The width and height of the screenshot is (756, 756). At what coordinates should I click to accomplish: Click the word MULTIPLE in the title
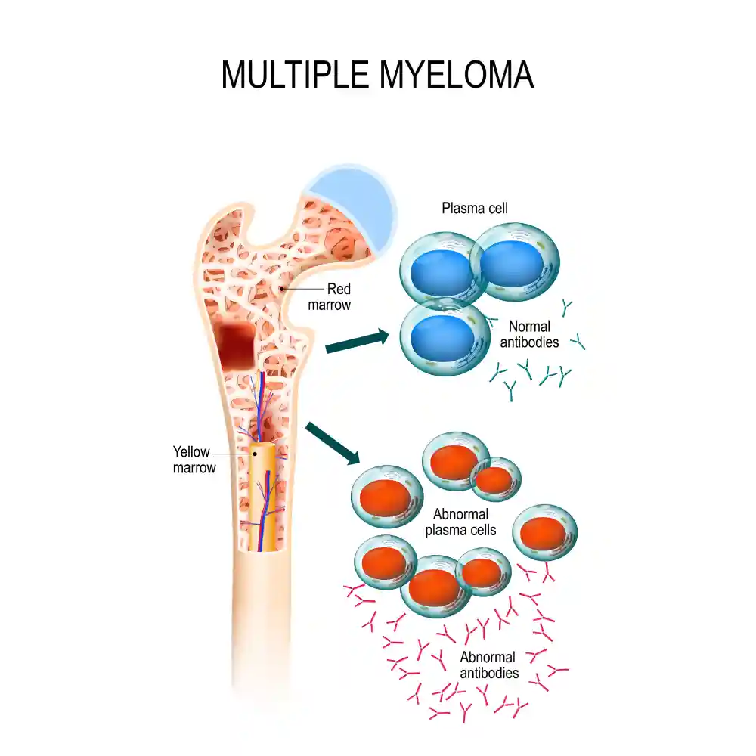tap(295, 75)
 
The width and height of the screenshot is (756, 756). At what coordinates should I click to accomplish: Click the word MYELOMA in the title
tap(457, 75)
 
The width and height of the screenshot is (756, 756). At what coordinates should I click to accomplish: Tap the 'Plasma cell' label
tap(475, 209)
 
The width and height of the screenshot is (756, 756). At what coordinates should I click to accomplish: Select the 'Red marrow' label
tap(330, 296)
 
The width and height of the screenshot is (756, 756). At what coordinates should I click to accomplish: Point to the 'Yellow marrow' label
tap(194, 460)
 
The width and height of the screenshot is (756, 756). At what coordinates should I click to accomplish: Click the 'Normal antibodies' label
tap(529, 334)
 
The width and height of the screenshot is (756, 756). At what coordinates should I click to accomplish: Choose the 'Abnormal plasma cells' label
tap(460, 522)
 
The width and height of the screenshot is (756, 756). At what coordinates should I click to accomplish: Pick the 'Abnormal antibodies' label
tap(489, 665)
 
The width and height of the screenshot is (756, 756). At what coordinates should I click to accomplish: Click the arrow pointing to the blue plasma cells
tap(358, 341)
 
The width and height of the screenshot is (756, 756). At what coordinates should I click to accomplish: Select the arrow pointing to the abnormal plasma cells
tap(333, 443)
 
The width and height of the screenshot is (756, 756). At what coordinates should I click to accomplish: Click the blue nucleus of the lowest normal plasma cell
tap(442, 336)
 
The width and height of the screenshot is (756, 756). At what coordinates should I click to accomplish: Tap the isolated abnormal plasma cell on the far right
tap(545, 532)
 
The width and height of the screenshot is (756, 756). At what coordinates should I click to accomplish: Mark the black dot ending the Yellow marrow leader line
tap(255, 454)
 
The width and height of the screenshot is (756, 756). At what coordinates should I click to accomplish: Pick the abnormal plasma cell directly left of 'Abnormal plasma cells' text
tap(386, 497)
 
